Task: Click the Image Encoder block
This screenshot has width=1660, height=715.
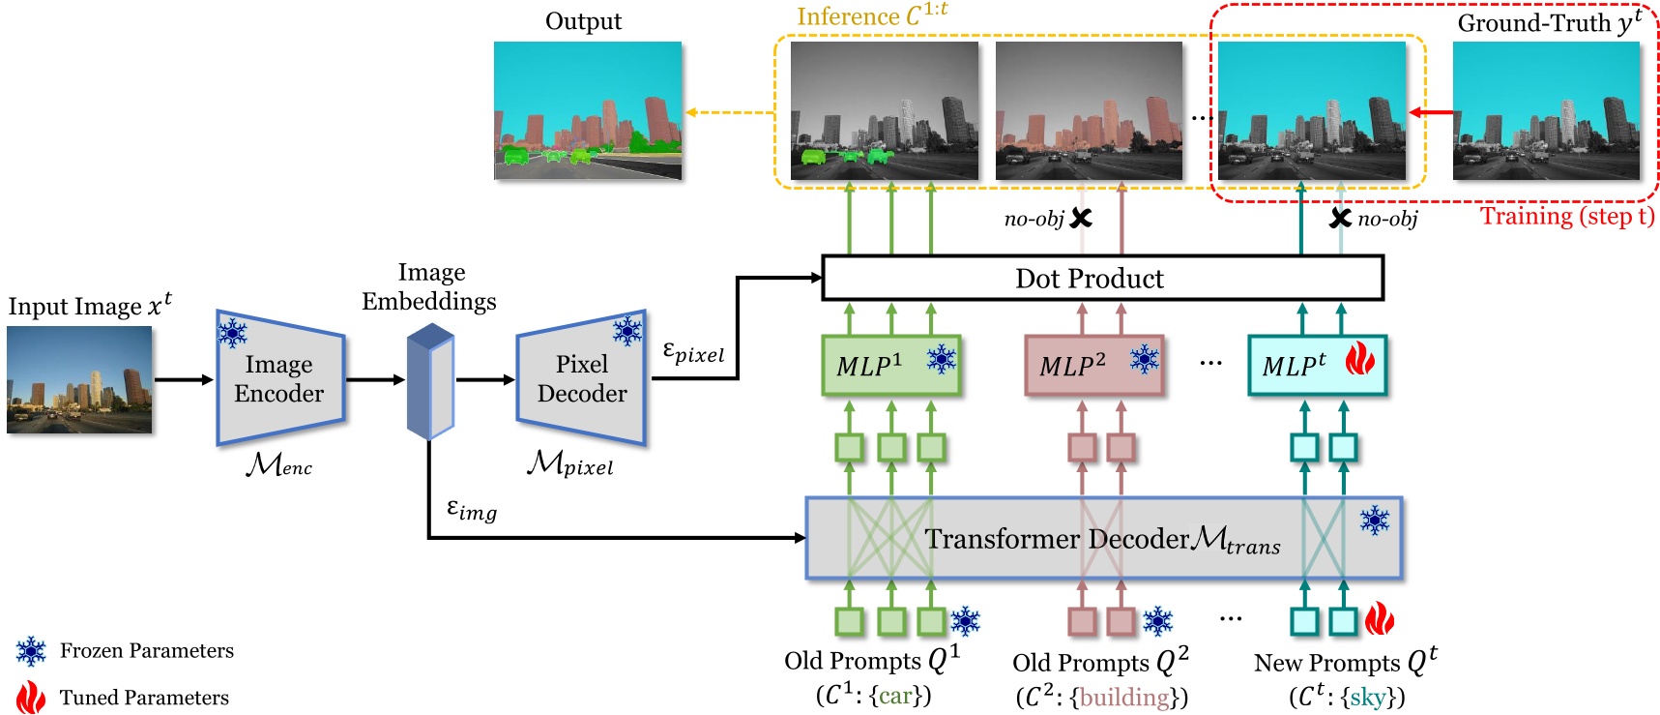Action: (x=279, y=379)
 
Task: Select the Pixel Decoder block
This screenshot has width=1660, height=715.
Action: (x=581, y=379)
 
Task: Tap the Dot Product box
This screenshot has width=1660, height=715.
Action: (x=1101, y=279)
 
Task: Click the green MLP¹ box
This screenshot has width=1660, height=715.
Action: (x=890, y=366)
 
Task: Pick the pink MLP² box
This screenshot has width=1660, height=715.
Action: (x=1092, y=366)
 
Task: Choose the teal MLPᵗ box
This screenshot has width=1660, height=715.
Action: (x=1316, y=366)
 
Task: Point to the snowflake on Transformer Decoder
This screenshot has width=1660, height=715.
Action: (x=1374, y=521)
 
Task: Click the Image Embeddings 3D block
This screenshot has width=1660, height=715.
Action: (x=430, y=382)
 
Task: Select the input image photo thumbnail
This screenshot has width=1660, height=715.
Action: (x=79, y=379)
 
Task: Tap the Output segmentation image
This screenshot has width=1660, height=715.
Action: (x=588, y=110)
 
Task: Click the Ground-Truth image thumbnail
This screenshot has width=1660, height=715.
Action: (x=1546, y=110)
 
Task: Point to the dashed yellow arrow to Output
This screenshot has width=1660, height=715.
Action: (x=731, y=112)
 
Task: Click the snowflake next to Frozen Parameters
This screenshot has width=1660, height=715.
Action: (x=31, y=651)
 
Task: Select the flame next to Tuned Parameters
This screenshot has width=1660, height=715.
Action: (x=31, y=698)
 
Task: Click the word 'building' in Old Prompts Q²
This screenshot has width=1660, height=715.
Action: (x=1123, y=697)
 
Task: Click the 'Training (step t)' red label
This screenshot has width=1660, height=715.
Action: (x=1566, y=216)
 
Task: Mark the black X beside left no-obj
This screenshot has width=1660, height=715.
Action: (x=1081, y=219)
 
